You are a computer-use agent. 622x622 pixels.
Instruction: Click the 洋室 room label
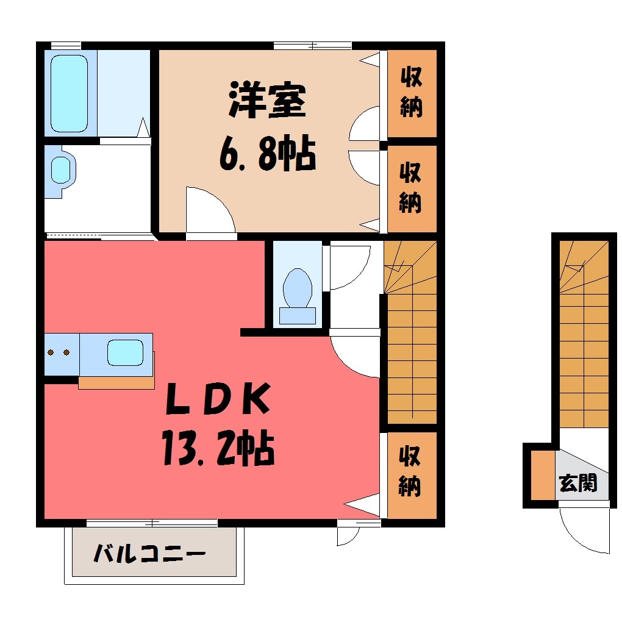point(267,101)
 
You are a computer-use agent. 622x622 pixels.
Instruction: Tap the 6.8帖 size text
point(268,154)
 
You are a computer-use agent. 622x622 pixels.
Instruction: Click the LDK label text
point(218,398)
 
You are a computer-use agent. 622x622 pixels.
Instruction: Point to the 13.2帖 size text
point(218,448)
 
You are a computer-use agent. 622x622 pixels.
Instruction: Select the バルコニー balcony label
point(150,554)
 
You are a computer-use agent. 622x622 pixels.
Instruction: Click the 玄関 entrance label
point(577,483)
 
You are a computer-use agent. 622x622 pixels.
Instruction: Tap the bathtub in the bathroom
point(70,94)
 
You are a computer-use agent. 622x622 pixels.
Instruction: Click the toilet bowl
point(297,288)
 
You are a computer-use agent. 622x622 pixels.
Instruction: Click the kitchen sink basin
point(126,352)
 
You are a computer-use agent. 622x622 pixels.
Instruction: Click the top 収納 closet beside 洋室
point(412,93)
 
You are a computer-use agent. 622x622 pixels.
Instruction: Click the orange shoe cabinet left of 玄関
point(543,475)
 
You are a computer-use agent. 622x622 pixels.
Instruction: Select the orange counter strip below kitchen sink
point(116,383)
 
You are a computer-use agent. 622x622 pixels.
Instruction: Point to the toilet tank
point(298,316)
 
